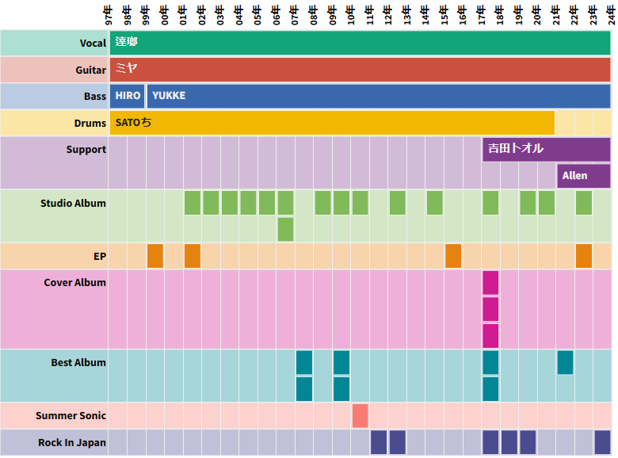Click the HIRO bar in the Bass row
pos(127,96)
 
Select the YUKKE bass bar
pos(378,96)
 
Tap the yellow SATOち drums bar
pos(331,123)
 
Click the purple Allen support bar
pos(583,176)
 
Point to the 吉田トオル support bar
pos(546,149)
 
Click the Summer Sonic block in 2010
pos(360,415)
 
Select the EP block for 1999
pos(155,256)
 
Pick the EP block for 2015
pos(453,256)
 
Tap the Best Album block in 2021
pos(565,362)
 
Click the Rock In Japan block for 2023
pos(602,442)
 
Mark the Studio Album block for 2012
pos(398,203)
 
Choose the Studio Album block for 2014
pos(434,203)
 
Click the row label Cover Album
pos(74,282)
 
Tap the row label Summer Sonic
pos(71,415)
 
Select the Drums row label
pos(90,123)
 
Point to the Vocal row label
pos(93,43)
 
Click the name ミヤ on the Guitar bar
pos(127,69)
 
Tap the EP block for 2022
pos(584,256)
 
